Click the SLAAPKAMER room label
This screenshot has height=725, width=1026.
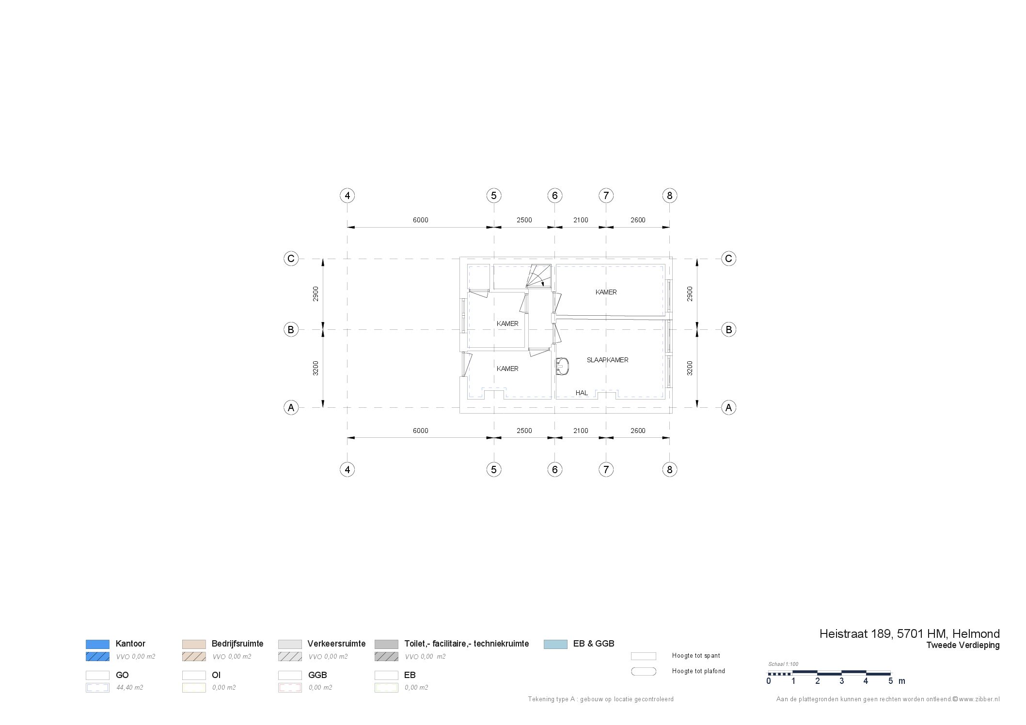point(607,360)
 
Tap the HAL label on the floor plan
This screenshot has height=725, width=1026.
point(582,393)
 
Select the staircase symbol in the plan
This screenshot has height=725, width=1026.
point(539,276)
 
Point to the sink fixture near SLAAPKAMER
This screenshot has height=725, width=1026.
point(562,366)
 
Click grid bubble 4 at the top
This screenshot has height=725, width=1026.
point(347,196)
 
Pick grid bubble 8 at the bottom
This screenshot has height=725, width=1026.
point(669,469)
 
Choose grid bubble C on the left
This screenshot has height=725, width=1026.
point(291,259)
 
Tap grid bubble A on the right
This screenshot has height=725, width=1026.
point(728,407)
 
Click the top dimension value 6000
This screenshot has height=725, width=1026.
point(420,220)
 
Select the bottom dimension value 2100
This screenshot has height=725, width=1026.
point(581,431)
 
